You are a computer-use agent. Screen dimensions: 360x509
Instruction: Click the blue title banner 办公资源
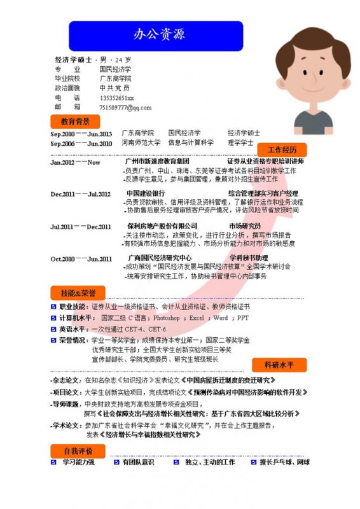click(x=156, y=35)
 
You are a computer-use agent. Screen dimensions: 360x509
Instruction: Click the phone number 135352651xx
click(x=116, y=98)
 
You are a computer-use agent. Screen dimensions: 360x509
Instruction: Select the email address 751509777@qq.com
click(x=125, y=108)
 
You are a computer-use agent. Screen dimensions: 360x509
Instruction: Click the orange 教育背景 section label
click(x=75, y=121)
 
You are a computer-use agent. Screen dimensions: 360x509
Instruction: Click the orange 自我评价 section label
click(x=78, y=450)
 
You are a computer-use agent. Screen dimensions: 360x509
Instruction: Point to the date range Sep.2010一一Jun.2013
click(x=81, y=134)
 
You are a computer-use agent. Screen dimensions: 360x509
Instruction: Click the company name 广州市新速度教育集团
click(x=157, y=162)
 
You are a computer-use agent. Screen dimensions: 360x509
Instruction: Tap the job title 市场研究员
click(x=245, y=226)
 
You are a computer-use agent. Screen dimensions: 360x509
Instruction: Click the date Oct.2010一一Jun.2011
click(x=81, y=259)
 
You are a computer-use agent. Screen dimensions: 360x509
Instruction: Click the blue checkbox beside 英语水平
click(x=54, y=329)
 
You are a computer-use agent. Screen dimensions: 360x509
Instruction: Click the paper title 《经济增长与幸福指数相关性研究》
click(x=149, y=435)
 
